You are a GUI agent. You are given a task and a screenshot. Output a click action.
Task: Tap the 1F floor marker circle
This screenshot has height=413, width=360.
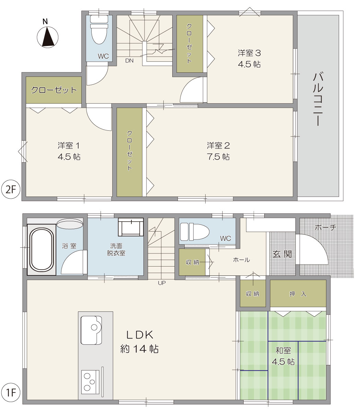(11, 393)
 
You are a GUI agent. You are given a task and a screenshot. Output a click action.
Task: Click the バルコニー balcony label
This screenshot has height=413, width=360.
(318, 99)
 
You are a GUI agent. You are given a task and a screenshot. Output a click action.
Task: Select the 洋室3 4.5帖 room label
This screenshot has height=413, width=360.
(249, 59)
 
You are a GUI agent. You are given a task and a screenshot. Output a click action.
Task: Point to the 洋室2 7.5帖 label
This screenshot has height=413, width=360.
(218, 151)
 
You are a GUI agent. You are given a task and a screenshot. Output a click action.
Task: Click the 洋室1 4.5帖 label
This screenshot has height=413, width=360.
(69, 151)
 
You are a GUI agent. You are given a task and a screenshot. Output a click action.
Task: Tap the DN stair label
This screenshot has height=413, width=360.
(129, 61)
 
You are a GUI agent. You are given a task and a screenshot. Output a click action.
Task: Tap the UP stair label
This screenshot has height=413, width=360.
(162, 283)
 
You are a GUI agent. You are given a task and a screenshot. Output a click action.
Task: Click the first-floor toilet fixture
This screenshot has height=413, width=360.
(194, 232)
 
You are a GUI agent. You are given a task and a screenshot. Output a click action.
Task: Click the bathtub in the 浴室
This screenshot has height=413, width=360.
(42, 249)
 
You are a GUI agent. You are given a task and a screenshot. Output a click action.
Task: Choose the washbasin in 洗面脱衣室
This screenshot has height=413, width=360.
(131, 227)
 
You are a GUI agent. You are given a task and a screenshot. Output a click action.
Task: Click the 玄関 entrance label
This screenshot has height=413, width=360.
(282, 254)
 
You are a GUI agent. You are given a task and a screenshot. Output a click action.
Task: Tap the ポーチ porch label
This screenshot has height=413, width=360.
(325, 227)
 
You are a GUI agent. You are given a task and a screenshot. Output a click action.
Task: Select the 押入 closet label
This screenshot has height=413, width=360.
(298, 294)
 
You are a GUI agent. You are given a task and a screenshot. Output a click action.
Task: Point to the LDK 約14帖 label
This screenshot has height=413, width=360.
(140, 342)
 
